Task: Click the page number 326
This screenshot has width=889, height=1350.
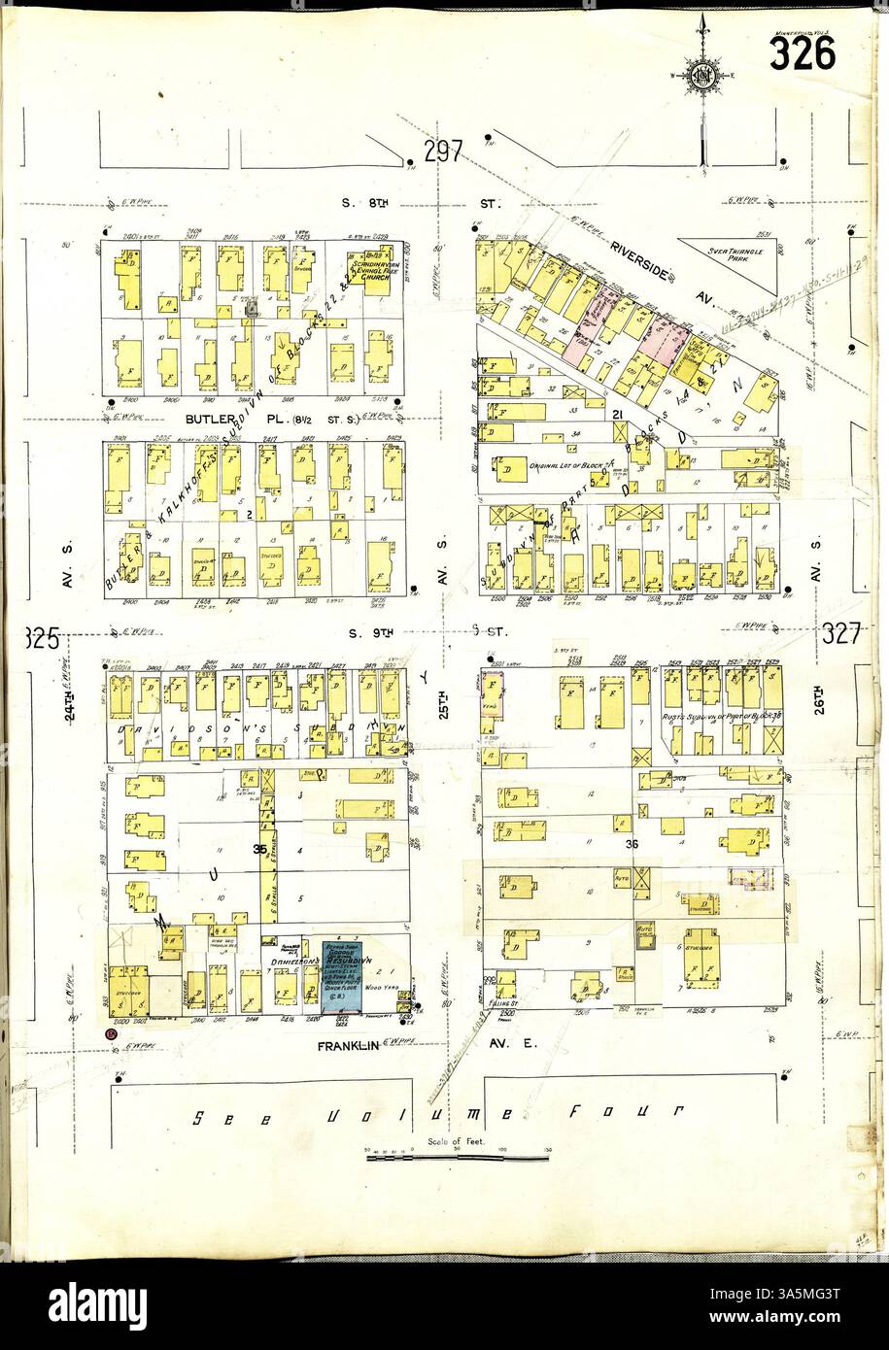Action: tap(802, 53)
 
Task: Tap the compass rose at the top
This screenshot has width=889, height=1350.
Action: tap(701, 76)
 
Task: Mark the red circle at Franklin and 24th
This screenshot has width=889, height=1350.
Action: tap(112, 1035)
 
